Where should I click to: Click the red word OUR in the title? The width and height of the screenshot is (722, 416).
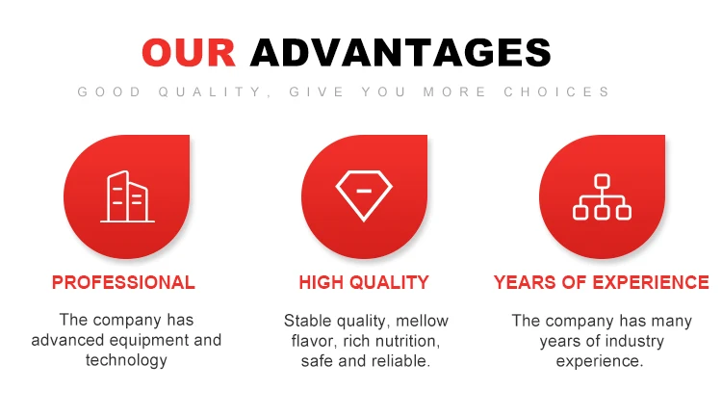tap(189, 53)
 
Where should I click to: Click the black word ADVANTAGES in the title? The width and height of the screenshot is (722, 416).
tap(400, 53)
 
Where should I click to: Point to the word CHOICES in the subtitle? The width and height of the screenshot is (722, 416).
tap(556, 91)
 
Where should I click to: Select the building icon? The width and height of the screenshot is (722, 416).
tap(127, 196)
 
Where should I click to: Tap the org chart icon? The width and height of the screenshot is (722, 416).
tap(602, 196)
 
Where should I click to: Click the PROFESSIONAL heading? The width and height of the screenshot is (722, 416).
tap(123, 282)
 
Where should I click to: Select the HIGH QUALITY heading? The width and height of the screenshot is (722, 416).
tap(364, 282)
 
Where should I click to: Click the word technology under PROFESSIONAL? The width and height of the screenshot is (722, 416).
tap(126, 360)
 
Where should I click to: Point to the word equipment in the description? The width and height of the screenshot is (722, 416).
tap(149, 341)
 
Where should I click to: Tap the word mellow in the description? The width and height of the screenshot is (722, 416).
tap(422, 321)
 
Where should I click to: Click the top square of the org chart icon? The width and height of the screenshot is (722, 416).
tap(602, 181)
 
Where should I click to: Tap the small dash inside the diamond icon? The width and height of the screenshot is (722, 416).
tap(364, 191)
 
